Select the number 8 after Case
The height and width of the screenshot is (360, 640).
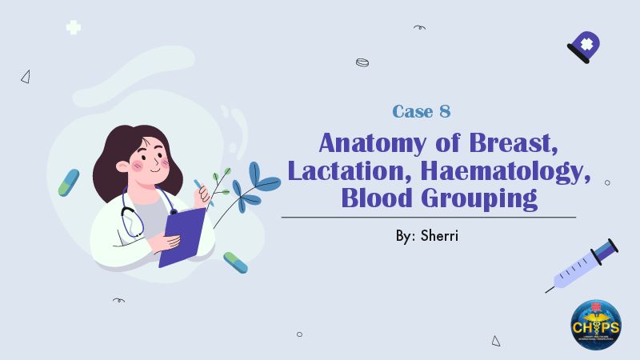tap(445, 112)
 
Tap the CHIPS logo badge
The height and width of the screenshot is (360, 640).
tap(595, 325)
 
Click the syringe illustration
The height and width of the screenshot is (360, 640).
tap(582, 265)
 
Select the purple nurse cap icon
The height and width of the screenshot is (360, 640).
tap(585, 46)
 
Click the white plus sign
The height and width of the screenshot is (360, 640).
tap(74, 27)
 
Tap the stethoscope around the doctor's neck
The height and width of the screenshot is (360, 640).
tap(132, 216)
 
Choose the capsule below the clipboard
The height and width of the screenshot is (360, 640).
tap(235, 262)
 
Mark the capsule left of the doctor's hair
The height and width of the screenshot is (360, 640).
tap(69, 182)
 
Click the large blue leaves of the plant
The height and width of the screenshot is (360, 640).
tap(254, 182)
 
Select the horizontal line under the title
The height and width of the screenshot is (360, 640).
tap(428, 217)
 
